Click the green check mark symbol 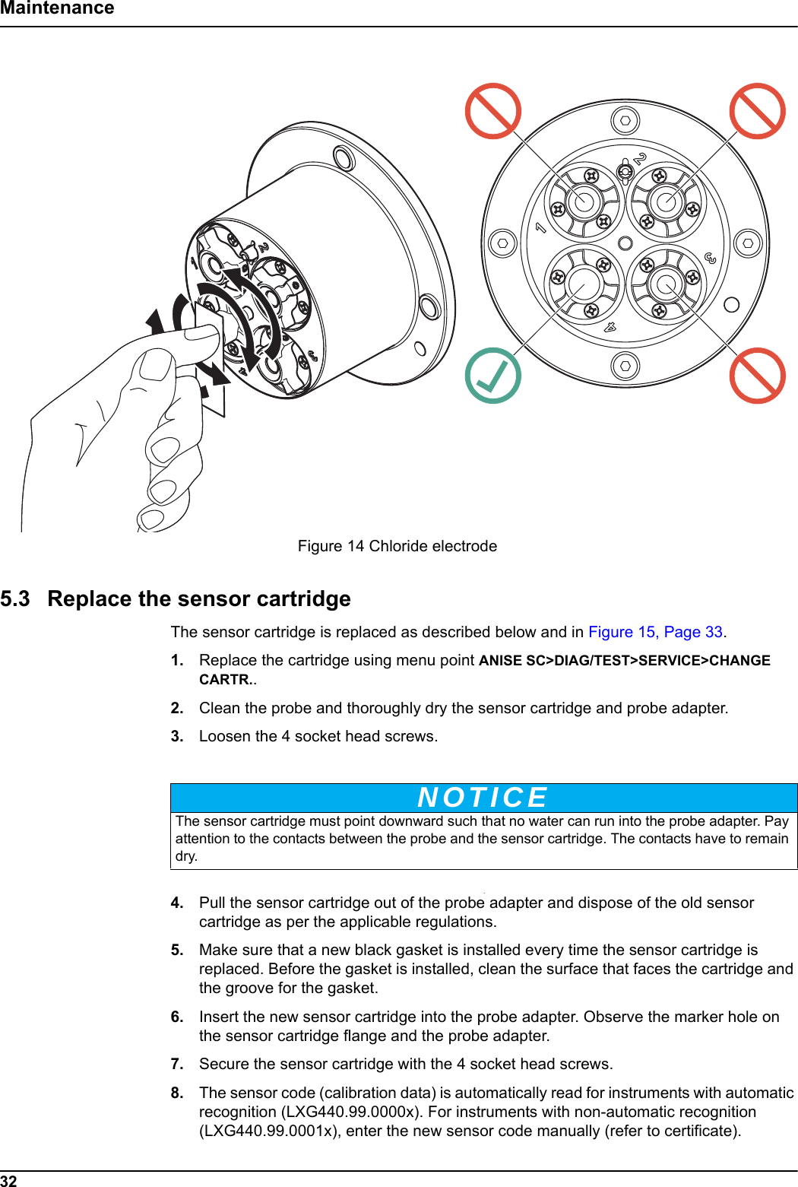492,375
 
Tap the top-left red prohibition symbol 492,111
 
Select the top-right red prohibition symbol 757,111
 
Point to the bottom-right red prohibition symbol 757,375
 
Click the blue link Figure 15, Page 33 655,632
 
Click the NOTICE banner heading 483,797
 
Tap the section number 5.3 15,599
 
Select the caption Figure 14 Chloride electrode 397,546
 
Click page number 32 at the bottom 8,1180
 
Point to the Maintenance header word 57,8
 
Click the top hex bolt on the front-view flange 625,120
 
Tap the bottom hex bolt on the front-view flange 625,367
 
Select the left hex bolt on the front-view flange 502,243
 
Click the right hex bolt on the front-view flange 748,243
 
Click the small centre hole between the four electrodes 625,243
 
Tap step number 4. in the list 177,903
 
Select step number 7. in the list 177,1064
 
